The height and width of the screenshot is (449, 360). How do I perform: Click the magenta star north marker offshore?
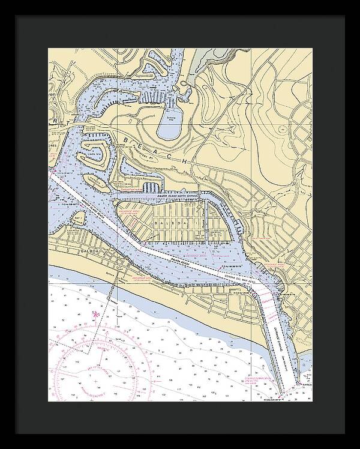[x=94, y=314]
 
